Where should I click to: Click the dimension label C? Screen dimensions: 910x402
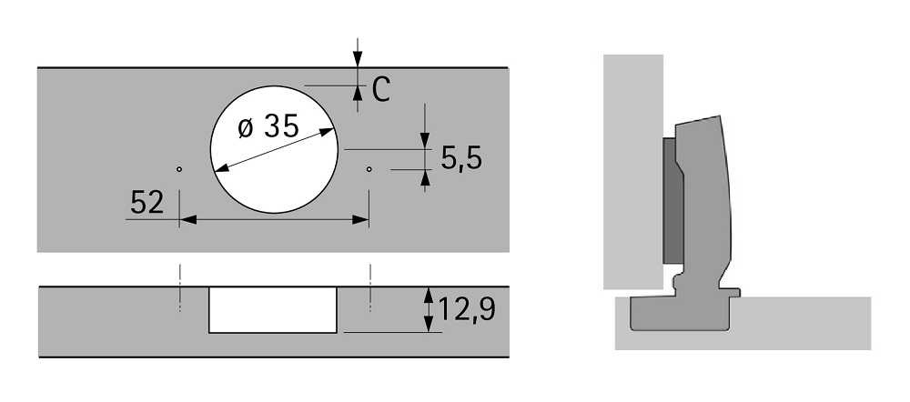[x=380, y=90]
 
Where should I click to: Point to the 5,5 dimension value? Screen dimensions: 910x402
[x=461, y=157]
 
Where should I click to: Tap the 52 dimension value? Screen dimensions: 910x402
[x=147, y=203]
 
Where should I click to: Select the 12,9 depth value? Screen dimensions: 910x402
[x=467, y=309]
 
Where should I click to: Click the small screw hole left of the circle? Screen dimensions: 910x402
[x=179, y=169]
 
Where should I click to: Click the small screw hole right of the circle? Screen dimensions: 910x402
[x=369, y=169]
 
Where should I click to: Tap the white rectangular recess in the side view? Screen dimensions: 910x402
[x=272, y=310]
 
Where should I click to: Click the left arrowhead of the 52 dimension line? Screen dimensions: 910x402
[x=187, y=219]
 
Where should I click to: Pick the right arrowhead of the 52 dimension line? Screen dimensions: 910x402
[x=360, y=219]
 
